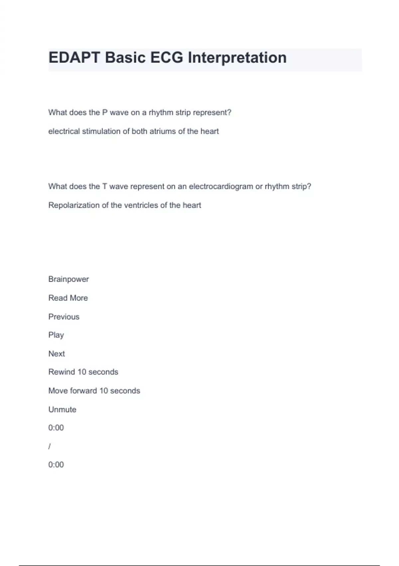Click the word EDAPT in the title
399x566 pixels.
(x=74, y=58)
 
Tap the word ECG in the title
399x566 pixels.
(x=167, y=58)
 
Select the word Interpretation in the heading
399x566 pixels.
(x=237, y=58)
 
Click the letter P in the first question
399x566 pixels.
(x=105, y=113)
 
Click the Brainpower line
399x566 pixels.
(x=68, y=279)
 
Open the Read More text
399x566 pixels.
(x=68, y=298)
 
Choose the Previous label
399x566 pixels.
(x=64, y=317)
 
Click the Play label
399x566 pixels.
(x=56, y=335)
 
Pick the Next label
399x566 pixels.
(x=57, y=354)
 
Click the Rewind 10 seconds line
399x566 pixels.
(x=83, y=372)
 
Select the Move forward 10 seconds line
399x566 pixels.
(x=94, y=391)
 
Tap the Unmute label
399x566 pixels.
(x=62, y=410)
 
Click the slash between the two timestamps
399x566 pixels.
(x=50, y=446)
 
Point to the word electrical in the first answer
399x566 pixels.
(x=64, y=132)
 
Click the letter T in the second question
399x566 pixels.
(x=104, y=186)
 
